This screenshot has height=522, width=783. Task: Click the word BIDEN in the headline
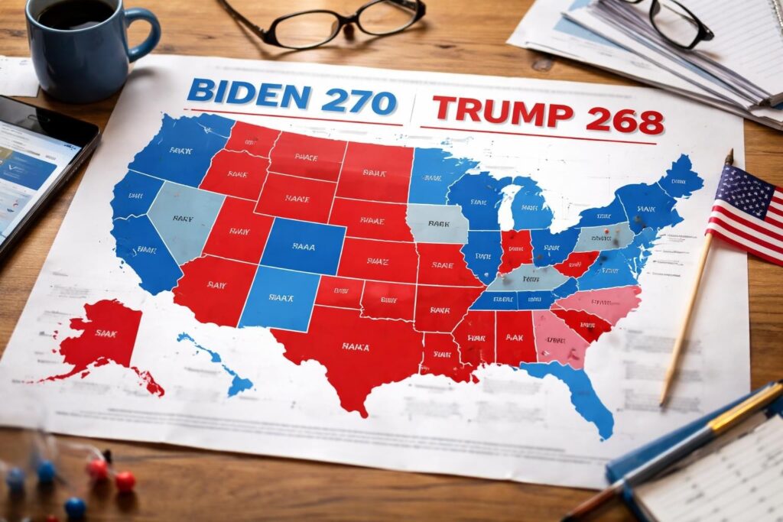(249, 94)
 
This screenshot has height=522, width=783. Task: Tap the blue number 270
(359, 100)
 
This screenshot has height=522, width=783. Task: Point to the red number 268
(623, 120)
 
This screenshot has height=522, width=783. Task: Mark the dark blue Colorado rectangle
(303, 247)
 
